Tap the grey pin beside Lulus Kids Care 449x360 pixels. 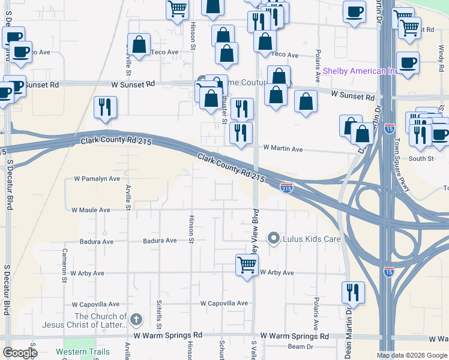(x=274, y=239)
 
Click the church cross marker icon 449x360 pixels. (x=137, y=319)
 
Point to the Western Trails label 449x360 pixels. (x=83, y=352)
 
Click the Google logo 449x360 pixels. (x=20, y=353)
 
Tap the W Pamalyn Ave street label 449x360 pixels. (x=97, y=179)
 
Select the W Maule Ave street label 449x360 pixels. (x=91, y=210)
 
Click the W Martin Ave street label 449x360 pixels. (x=283, y=148)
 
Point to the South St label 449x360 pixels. (x=421, y=158)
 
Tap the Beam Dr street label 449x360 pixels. (x=301, y=347)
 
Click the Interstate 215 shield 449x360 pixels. (x=287, y=188)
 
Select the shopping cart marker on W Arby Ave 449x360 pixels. (x=247, y=264)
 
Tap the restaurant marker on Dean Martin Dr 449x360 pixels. (x=352, y=292)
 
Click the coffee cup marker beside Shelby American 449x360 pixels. (x=408, y=62)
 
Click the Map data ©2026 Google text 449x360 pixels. (x=411, y=355)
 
